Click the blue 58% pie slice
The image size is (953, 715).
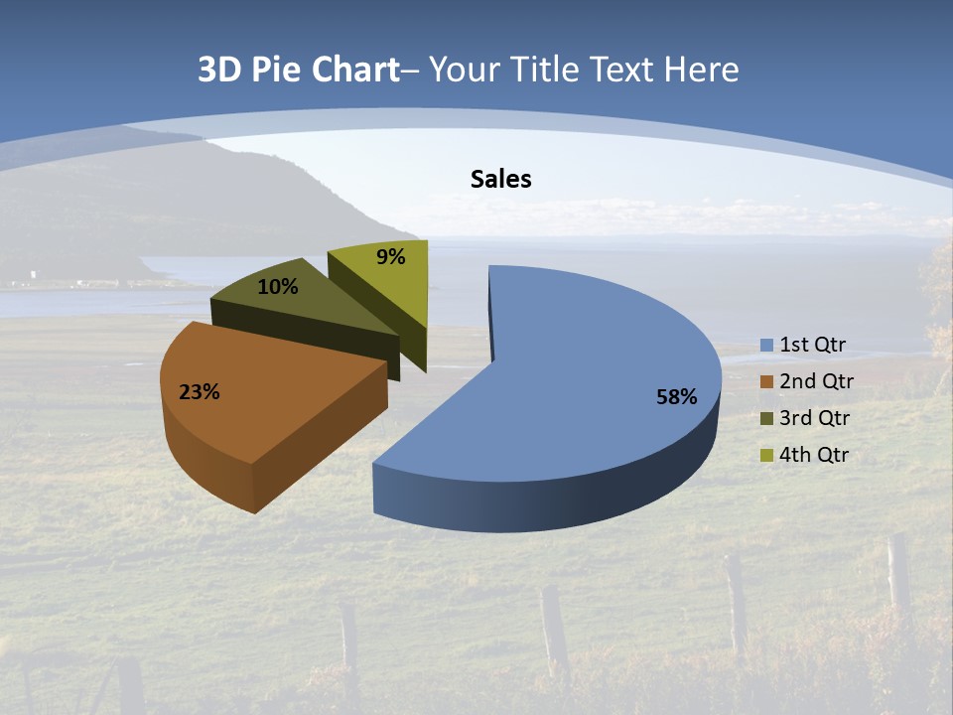(x=586, y=377)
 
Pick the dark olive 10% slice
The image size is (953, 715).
(x=298, y=308)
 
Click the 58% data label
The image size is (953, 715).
(x=676, y=397)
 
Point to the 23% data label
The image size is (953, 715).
(x=200, y=392)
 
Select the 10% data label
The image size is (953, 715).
(x=278, y=287)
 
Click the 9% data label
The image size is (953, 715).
(x=391, y=257)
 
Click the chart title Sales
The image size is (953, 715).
(x=500, y=179)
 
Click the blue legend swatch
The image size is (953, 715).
(x=766, y=346)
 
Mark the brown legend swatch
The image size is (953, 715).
(x=766, y=382)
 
